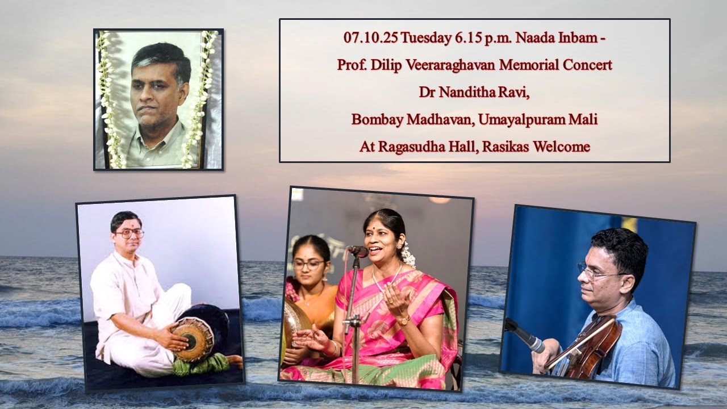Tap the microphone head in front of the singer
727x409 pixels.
click(357, 251)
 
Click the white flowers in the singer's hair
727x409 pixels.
click(407, 255)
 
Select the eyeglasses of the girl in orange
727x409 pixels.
click(308, 264)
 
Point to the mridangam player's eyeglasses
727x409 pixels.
click(129, 233)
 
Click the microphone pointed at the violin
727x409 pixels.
click(525, 336)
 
